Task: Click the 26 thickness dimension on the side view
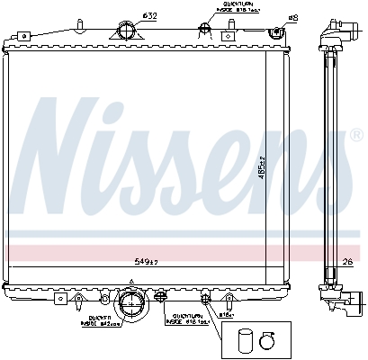pos(348,262)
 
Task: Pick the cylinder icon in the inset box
pos(246,340)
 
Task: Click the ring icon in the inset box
pos(267,339)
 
